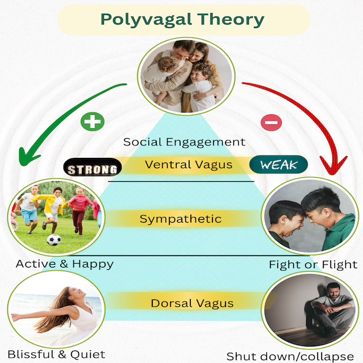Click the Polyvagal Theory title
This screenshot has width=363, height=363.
pos(182,20)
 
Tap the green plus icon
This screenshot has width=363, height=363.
pos(93,122)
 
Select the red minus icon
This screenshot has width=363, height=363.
pos(272,122)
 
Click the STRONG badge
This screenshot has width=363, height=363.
pos(93,166)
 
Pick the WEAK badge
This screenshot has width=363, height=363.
pos(278,164)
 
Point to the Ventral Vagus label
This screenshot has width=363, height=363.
pos(189,165)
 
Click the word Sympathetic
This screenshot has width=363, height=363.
pos(181,219)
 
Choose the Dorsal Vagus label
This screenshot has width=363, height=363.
pos(192,303)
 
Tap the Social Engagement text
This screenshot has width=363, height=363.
pos(184,142)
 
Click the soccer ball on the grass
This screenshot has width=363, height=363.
pos(54,240)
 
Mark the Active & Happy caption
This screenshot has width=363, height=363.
pos(65,264)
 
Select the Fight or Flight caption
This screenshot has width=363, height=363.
pos(313,265)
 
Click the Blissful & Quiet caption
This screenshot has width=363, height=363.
pos(56,354)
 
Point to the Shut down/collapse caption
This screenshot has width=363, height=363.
pos(290,357)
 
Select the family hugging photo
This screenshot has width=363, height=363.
pos(186,76)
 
